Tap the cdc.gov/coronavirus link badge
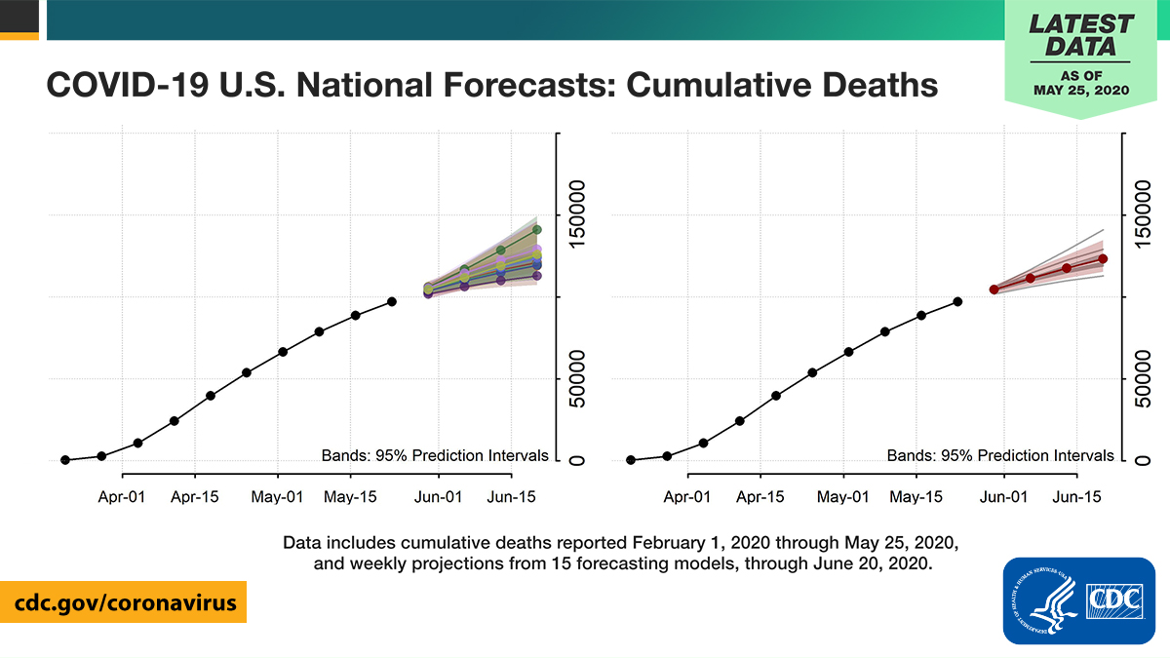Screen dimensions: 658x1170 124,602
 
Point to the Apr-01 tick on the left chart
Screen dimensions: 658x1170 122,496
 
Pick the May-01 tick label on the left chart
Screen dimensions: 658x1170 278,496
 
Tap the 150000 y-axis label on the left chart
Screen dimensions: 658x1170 576,215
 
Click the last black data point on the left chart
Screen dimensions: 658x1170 392,301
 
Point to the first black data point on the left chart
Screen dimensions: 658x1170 65,459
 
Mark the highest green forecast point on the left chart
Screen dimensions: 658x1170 536,230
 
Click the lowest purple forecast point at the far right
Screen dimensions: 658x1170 536,276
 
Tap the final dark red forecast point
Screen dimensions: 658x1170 1103,258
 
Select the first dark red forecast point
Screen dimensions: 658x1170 994,290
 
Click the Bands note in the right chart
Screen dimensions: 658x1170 999,455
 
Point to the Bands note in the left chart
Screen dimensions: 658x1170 434,455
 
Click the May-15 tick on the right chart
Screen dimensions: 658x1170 916,496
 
